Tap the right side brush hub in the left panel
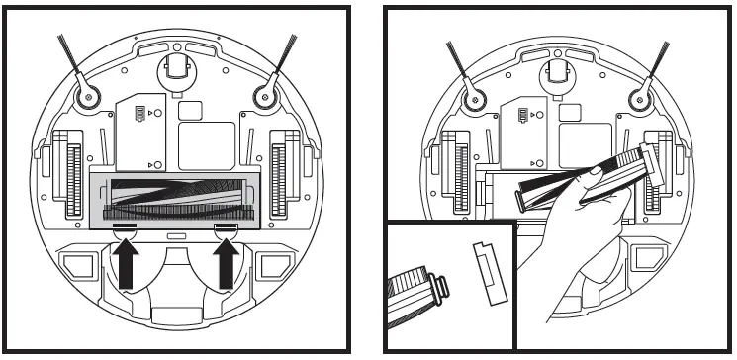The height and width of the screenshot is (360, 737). point(264,96)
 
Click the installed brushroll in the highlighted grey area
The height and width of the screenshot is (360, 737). point(177,195)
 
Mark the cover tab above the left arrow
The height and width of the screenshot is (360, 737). point(125,226)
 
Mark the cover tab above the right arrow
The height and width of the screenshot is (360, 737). point(227,226)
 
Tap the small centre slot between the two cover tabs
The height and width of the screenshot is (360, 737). point(177,235)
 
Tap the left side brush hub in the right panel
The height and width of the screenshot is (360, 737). point(470,97)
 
